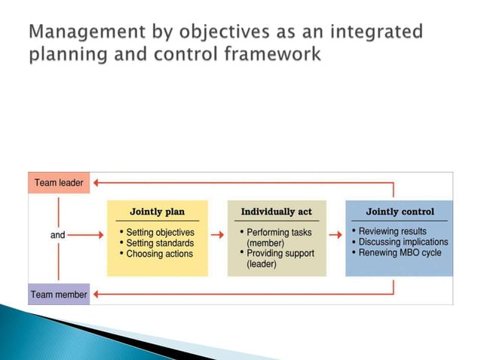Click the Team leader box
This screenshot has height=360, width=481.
(x=58, y=182)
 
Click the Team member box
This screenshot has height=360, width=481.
(x=59, y=294)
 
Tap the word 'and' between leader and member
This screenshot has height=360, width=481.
(x=58, y=235)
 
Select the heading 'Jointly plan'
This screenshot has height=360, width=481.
(x=157, y=212)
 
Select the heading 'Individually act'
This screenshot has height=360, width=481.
(x=276, y=212)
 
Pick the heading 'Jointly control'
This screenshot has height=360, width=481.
(x=400, y=212)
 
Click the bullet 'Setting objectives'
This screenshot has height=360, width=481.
(x=160, y=232)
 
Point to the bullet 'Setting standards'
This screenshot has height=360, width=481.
(x=160, y=243)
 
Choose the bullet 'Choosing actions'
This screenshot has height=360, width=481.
(x=159, y=254)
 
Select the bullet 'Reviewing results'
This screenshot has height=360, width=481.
(x=392, y=231)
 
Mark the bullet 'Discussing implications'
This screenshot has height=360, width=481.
(x=403, y=242)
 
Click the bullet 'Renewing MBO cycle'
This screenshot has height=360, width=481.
(x=400, y=253)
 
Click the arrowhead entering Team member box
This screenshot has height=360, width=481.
(x=96, y=294)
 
